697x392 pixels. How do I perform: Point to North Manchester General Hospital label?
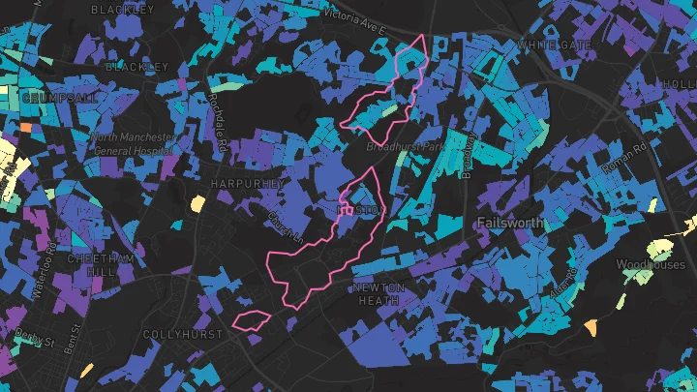[x=134, y=142]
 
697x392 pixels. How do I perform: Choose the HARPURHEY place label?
[x=246, y=183]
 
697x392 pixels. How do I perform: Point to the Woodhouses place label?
[x=651, y=263]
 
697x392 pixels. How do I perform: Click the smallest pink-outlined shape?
[x=252, y=319]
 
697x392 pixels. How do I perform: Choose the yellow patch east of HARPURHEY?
[x=197, y=203]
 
